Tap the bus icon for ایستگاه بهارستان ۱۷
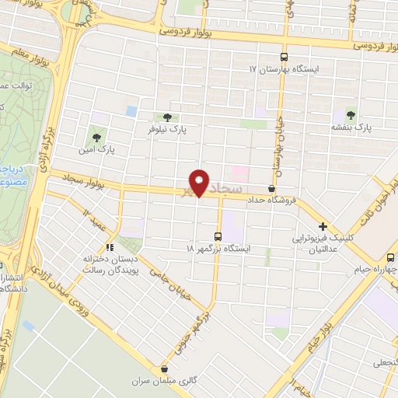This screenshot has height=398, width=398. [x=284, y=57]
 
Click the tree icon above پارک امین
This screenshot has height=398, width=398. [x=96, y=131]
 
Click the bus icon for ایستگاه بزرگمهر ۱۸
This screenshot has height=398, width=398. [x=218, y=236]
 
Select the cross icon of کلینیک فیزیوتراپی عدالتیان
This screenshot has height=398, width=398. [x=322, y=226]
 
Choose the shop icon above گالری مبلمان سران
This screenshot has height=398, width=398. [x=162, y=370]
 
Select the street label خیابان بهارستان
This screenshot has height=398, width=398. [x=279, y=144]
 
